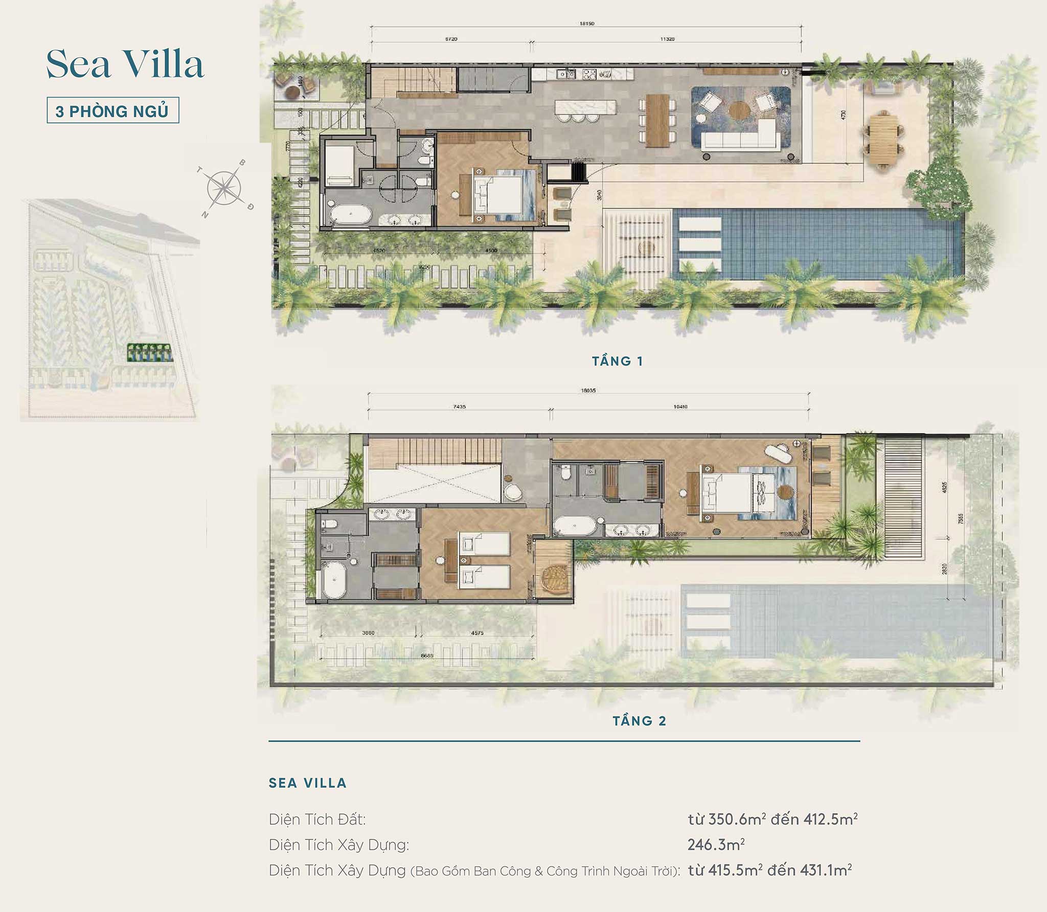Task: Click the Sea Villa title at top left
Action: point(125,64)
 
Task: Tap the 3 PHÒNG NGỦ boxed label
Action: point(112,110)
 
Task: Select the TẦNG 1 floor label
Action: point(618,361)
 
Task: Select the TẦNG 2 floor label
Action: point(640,721)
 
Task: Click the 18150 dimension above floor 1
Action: point(587,24)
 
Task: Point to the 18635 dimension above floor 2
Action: point(588,391)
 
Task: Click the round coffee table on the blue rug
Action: point(737,109)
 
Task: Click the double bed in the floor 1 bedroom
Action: point(504,196)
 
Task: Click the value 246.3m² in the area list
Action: point(716,845)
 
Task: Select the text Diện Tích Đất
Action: point(317,819)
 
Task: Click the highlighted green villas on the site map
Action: point(149,353)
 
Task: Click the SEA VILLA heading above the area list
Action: point(307,783)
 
